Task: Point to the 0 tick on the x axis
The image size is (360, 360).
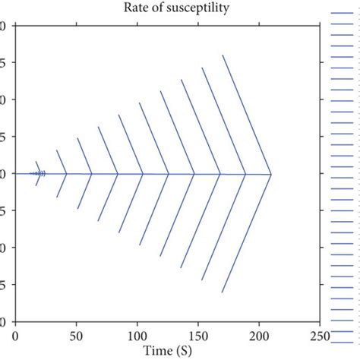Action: (x=15, y=335)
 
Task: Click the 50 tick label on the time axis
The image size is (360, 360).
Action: (x=76, y=335)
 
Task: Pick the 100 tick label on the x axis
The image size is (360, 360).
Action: (x=137, y=335)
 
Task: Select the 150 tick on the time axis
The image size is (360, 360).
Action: (x=198, y=335)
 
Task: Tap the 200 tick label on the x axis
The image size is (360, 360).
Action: (x=259, y=335)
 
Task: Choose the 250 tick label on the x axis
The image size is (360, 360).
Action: (x=320, y=335)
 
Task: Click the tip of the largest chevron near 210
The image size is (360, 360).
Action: (x=271, y=175)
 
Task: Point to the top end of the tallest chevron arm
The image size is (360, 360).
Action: (x=223, y=55)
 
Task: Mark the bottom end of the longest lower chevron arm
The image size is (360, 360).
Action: (x=223, y=292)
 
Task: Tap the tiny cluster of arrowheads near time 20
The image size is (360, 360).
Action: (x=39, y=174)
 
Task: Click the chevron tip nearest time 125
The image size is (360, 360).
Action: (x=169, y=175)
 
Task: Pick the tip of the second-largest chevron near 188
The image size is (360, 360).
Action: (x=245, y=175)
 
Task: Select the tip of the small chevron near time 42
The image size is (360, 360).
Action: (x=66, y=174)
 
